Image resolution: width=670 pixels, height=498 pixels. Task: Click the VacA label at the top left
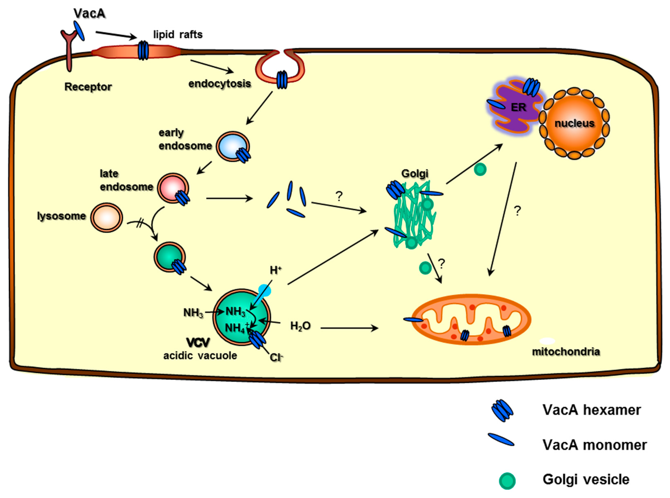coord(89,13)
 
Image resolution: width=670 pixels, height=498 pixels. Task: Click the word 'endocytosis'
coord(219,83)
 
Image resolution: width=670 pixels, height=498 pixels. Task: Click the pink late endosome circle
coord(172,188)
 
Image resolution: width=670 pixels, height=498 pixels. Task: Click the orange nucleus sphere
coord(574,123)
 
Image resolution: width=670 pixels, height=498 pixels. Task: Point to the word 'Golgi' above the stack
coord(414,173)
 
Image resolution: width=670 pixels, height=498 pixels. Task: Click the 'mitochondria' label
coord(566,352)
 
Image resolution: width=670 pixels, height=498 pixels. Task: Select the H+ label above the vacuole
coord(275,270)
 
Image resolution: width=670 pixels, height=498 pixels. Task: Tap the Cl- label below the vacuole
coord(276,357)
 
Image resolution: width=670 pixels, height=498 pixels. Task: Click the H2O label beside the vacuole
coord(300,326)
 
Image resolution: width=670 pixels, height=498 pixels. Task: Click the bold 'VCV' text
coord(198,342)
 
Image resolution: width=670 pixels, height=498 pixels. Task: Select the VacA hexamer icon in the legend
coord(502,410)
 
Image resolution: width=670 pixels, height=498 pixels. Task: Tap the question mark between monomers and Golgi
coord(339,196)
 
